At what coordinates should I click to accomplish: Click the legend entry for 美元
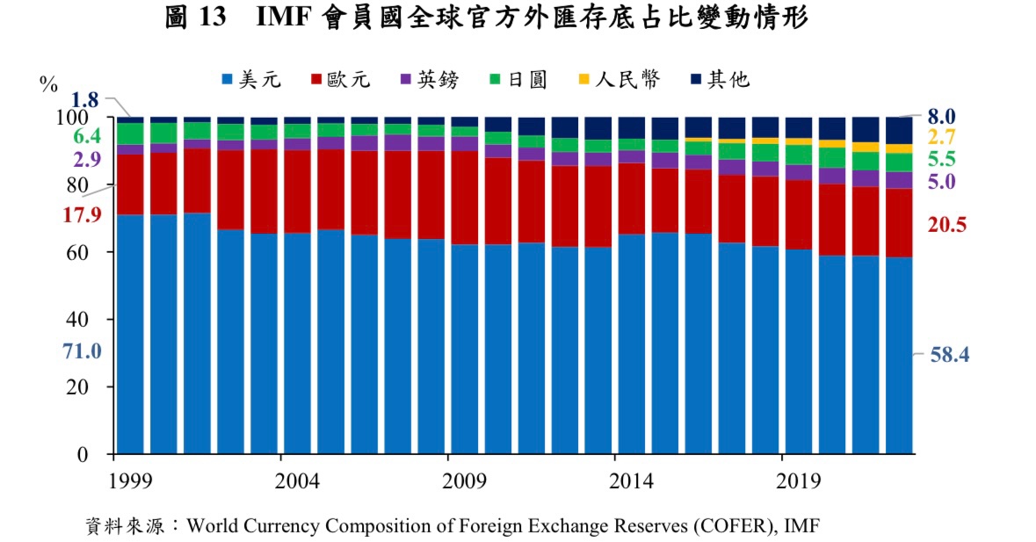point(250,80)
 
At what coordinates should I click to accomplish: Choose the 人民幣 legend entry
point(617,80)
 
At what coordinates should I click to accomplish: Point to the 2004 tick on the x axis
point(280,482)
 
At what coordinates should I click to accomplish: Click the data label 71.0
point(82,351)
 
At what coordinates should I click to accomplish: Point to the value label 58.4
point(949,355)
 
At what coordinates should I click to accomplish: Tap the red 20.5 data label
point(947,225)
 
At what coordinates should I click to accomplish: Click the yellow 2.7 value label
point(941,137)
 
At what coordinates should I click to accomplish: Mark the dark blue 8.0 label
point(941,117)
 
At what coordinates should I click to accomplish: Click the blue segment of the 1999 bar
point(130,334)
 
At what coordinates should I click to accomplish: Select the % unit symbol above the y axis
point(48,84)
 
